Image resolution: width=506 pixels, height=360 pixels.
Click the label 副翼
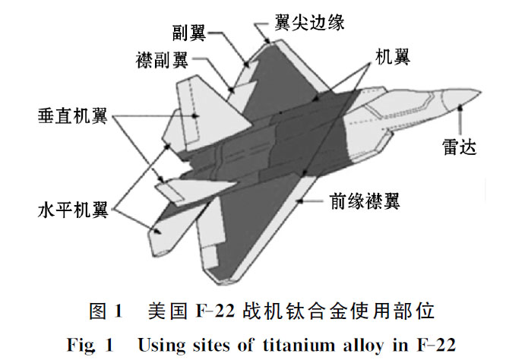click(x=188, y=32)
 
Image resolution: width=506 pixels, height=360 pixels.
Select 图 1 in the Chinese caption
click(x=104, y=310)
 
